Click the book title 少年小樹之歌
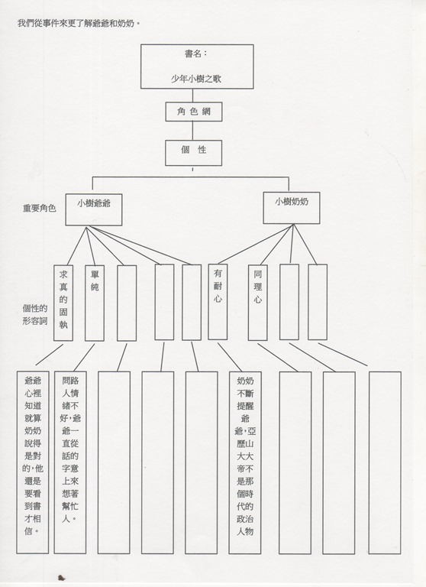point(196,79)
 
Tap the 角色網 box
point(194,112)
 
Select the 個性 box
point(193,153)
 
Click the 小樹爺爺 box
point(93,209)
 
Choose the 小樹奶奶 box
point(292,208)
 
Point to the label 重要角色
point(39,208)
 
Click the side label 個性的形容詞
point(35,314)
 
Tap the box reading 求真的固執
point(63,303)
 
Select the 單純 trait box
point(94,303)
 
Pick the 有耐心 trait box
point(218,302)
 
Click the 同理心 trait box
point(258,303)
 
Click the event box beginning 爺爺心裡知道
point(33,462)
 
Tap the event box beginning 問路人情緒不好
point(70,462)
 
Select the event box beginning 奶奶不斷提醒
point(245,462)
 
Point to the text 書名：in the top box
point(195,54)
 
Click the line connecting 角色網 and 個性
point(193,131)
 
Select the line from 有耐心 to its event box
point(230,357)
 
